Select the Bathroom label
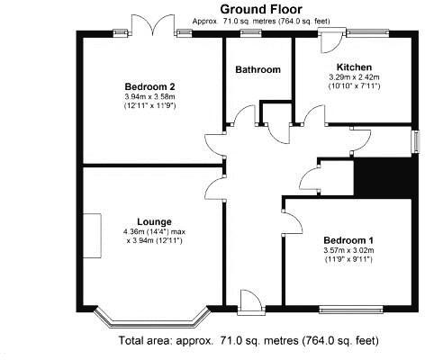(x=258, y=69)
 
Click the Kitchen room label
(x=354, y=67)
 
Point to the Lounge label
(x=154, y=221)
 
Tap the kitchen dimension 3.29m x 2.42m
(x=354, y=78)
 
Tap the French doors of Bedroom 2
(x=150, y=26)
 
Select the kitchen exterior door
(x=330, y=38)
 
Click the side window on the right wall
(x=415, y=142)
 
